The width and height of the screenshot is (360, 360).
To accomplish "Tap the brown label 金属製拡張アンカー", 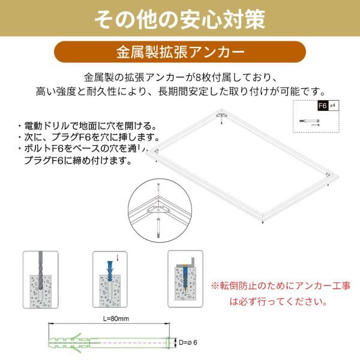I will (179, 52).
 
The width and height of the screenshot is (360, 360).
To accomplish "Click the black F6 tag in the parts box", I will (322, 106).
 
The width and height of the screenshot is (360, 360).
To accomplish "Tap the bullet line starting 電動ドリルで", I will (90, 126).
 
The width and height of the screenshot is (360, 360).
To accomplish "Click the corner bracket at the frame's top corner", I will (221, 114).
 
